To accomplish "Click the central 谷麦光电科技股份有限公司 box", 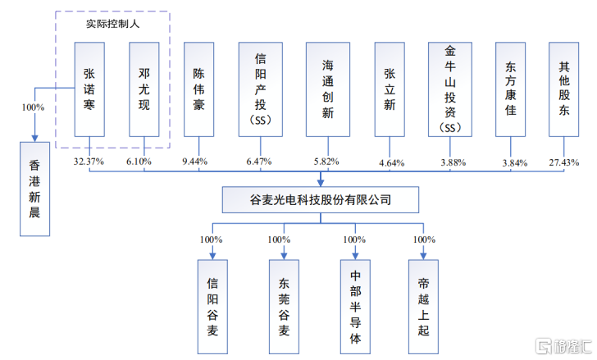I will [x=321, y=198].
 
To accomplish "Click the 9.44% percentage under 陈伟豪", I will [x=199, y=162].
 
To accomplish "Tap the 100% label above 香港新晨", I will [x=33, y=106].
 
